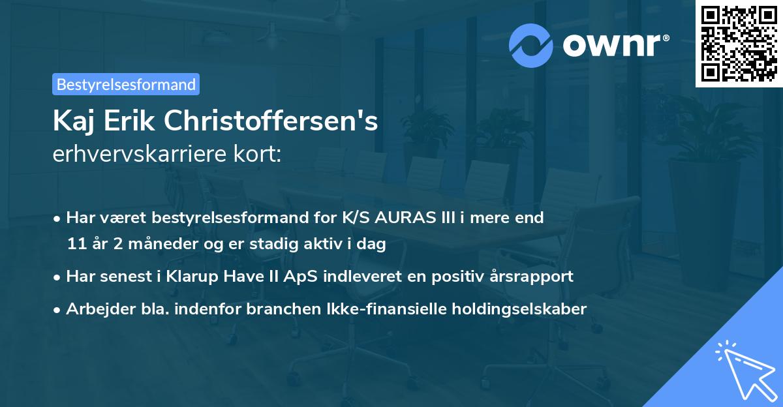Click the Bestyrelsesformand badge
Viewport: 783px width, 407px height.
pos(126,84)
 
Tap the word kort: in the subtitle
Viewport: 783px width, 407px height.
pos(259,155)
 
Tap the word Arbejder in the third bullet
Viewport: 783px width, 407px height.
pos(95,309)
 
